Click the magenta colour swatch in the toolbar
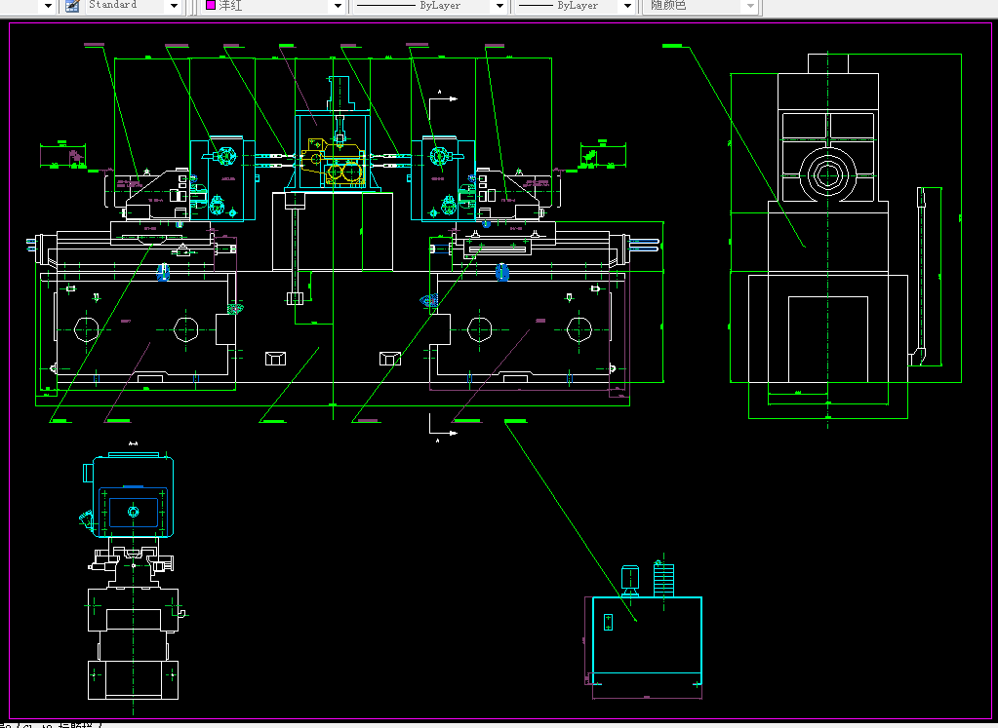(x=210, y=6)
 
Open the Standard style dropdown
(x=174, y=6)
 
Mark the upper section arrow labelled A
(x=446, y=97)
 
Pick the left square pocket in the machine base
(x=275, y=359)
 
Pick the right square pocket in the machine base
(x=389, y=359)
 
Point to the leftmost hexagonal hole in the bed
(x=86, y=327)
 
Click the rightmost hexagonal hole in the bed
(x=579, y=328)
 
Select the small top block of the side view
(x=828, y=63)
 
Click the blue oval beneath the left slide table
(x=163, y=276)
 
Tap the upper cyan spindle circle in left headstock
(x=227, y=156)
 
